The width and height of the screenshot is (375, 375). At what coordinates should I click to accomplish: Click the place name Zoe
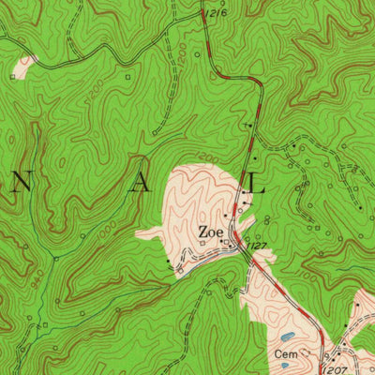click(208, 232)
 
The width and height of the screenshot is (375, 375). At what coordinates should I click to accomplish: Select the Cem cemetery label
click(286, 354)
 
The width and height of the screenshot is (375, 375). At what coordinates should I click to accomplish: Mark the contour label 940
click(36, 278)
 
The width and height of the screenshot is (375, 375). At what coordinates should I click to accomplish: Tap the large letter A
click(141, 185)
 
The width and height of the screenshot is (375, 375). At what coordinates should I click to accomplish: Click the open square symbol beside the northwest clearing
click(13, 74)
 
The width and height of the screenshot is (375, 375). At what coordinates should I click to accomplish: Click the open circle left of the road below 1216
click(198, 54)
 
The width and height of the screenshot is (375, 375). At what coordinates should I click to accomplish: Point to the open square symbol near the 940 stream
click(44, 323)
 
